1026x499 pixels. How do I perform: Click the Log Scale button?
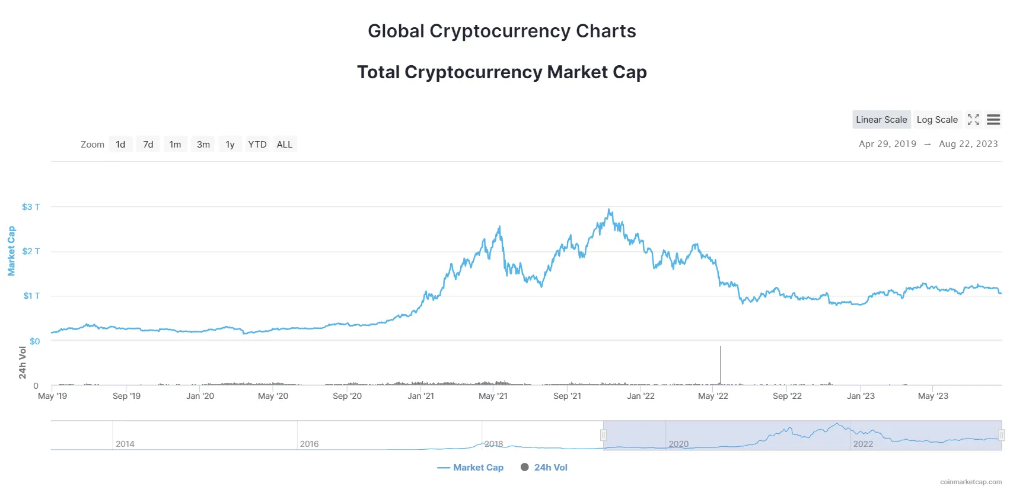click(x=937, y=120)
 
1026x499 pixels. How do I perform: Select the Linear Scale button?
click(x=881, y=120)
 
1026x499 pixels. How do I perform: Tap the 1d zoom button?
click(x=120, y=145)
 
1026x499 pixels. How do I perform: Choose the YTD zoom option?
click(x=257, y=145)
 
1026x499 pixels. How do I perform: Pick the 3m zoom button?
click(x=203, y=145)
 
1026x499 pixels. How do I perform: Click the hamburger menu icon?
click(x=993, y=120)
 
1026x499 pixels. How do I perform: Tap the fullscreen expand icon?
click(x=973, y=120)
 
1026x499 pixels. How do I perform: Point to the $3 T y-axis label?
click(x=31, y=207)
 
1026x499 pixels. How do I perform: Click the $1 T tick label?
click(x=31, y=296)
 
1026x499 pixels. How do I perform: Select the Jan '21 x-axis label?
click(x=420, y=396)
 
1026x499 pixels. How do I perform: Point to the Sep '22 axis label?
click(x=787, y=396)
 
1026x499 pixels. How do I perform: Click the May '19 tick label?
click(x=52, y=396)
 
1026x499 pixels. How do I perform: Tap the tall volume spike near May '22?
click(x=721, y=364)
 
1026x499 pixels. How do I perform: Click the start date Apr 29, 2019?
click(x=887, y=144)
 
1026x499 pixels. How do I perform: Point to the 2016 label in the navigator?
click(x=309, y=444)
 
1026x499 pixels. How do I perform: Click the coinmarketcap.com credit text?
click(x=971, y=482)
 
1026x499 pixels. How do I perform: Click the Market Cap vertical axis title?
click(x=11, y=251)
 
